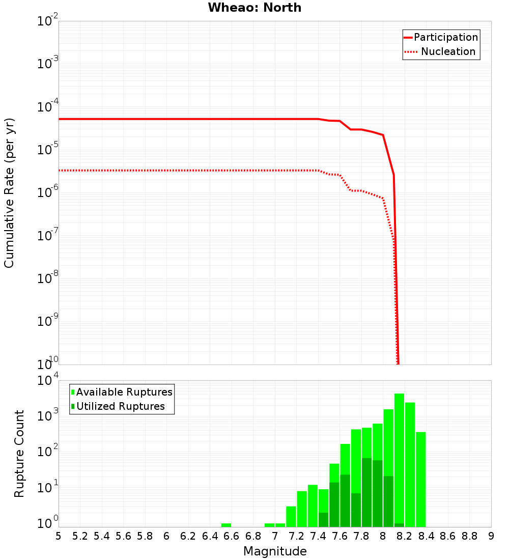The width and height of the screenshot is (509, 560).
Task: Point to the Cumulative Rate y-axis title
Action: (x=9, y=192)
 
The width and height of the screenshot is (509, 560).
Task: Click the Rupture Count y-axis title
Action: (x=19, y=453)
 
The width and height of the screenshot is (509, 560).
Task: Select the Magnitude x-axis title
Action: (x=275, y=551)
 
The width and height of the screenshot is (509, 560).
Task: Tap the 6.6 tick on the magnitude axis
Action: (x=232, y=536)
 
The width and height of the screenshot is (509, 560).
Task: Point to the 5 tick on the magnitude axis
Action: (x=59, y=536)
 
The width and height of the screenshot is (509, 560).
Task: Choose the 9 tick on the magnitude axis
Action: (x=491, y=536)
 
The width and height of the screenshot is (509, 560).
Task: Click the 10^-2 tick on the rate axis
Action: (x=47, y=22)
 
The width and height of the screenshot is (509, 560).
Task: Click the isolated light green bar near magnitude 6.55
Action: (x=226, y=525)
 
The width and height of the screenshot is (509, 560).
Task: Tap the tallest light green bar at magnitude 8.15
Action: (x=399, y=458)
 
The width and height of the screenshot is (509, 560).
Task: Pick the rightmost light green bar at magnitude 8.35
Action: (x=420, y=479)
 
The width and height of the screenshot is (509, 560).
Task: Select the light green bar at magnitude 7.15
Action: (x=291, y=516)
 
